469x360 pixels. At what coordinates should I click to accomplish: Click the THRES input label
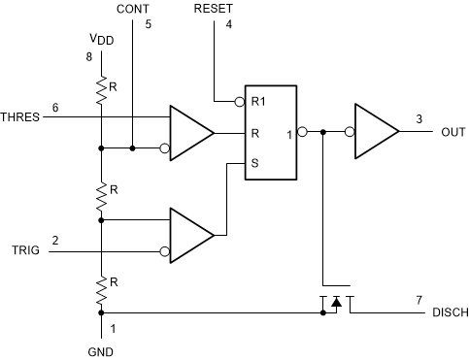(x=20, y=116)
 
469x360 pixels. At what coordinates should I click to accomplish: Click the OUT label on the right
(x=452, y=132)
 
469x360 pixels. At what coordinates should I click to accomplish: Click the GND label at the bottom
(x=100, y=351)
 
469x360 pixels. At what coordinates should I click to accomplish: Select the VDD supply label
(x=101, y=40)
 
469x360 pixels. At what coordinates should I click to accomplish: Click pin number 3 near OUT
(x=419, y=119)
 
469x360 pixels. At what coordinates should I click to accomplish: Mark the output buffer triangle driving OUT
(x=375, y=132)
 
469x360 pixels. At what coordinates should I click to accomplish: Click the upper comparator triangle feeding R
(x=189, y=132)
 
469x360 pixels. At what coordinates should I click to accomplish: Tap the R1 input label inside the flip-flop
(x=258, y=100)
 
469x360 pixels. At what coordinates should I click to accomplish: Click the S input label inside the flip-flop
(x=254, y=163)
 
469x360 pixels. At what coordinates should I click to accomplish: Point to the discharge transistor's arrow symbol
(x=335, y=304)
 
